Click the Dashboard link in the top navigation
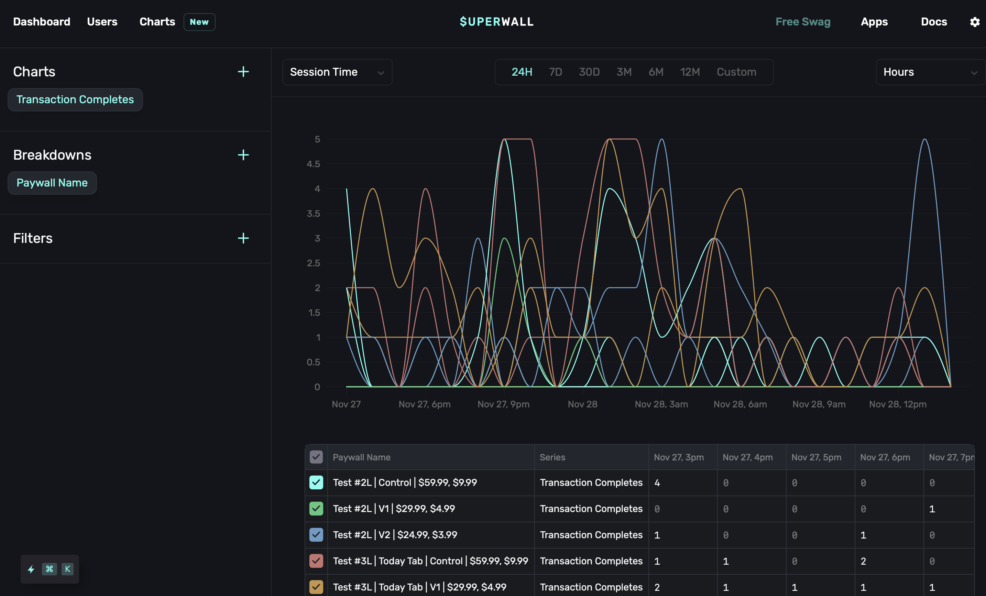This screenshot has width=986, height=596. [42, 22]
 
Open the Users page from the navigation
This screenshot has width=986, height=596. [102, 22]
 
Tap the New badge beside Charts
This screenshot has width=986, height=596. [199, 22]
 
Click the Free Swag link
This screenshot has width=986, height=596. [803, 22]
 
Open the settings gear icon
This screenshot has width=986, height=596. [974, 22]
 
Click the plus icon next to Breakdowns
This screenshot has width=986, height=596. [243, 155]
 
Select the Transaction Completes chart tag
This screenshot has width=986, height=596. [75, 99]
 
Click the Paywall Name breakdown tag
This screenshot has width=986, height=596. [52, 183]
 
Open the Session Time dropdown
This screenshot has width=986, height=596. [337, 72]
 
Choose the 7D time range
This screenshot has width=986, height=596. [555, 72]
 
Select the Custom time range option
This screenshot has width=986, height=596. [736, 72]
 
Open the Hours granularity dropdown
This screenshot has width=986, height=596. [930, 72]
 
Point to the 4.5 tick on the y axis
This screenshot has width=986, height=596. [313, 164]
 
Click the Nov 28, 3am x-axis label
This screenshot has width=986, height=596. [661, 404]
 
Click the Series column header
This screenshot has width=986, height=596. [552, 457]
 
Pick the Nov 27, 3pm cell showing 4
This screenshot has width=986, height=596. [657, 483]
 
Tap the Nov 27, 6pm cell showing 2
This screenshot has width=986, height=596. [863, 561]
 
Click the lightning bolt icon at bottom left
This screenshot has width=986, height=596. [31, 569]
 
